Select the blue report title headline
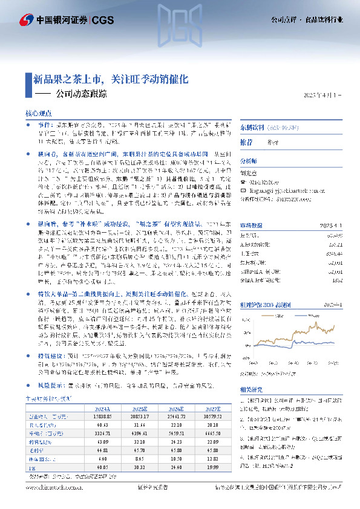point(111,79)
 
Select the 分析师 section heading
point(249,161)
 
